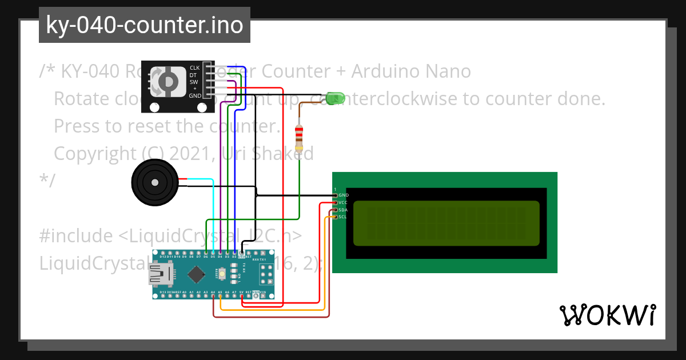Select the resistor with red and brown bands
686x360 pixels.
(298, 137)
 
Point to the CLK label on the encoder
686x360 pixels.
(194, 68)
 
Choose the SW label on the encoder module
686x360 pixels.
(193, 82)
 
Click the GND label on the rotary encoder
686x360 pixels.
(195, 95)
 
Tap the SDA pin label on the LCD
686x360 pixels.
(343, 210)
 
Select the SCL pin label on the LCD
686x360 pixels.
(343, 217)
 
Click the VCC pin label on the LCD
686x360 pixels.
(343, 202)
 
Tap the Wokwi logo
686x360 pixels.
(607, 315)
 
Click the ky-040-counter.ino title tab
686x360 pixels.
(144, 25)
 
